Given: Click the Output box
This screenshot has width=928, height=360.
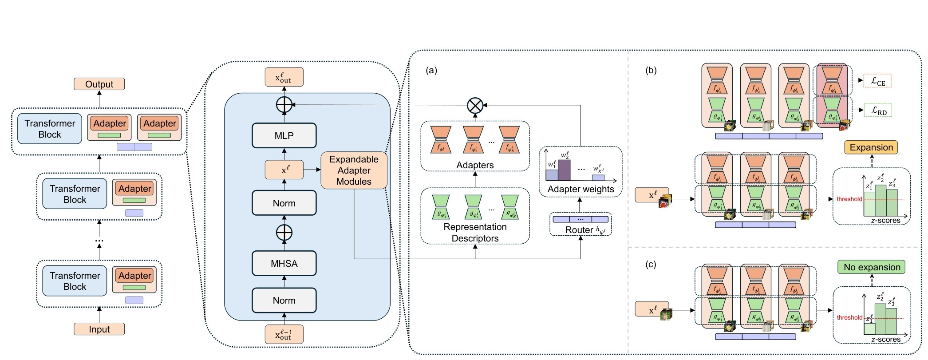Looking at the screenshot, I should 99,84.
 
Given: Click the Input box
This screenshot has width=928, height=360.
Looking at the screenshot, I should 99,329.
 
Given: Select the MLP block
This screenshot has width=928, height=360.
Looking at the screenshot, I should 284,135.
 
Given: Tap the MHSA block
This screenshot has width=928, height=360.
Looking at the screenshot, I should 284,263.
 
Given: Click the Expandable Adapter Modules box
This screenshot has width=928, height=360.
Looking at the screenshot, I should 354,170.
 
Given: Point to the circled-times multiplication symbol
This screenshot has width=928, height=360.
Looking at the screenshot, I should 475,106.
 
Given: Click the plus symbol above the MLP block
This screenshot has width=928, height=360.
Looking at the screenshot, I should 284,105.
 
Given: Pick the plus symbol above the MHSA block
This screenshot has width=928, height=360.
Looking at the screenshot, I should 284,232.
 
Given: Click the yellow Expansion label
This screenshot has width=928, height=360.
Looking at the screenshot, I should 871,147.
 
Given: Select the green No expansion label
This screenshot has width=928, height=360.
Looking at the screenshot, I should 872,267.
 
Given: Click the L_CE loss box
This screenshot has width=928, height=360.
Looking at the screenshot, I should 877,81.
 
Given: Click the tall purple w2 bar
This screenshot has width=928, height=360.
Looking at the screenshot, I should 564,170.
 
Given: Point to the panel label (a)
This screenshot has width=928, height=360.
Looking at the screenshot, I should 431,70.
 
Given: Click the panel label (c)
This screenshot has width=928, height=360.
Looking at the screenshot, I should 651,265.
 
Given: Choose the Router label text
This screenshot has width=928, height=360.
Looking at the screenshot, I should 579,230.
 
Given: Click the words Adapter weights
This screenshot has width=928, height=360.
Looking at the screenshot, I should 580,189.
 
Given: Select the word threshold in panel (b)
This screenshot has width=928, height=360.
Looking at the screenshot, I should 849,199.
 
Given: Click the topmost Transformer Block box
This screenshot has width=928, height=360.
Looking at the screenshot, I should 50,129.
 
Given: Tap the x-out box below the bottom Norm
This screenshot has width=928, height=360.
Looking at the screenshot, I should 284,334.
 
